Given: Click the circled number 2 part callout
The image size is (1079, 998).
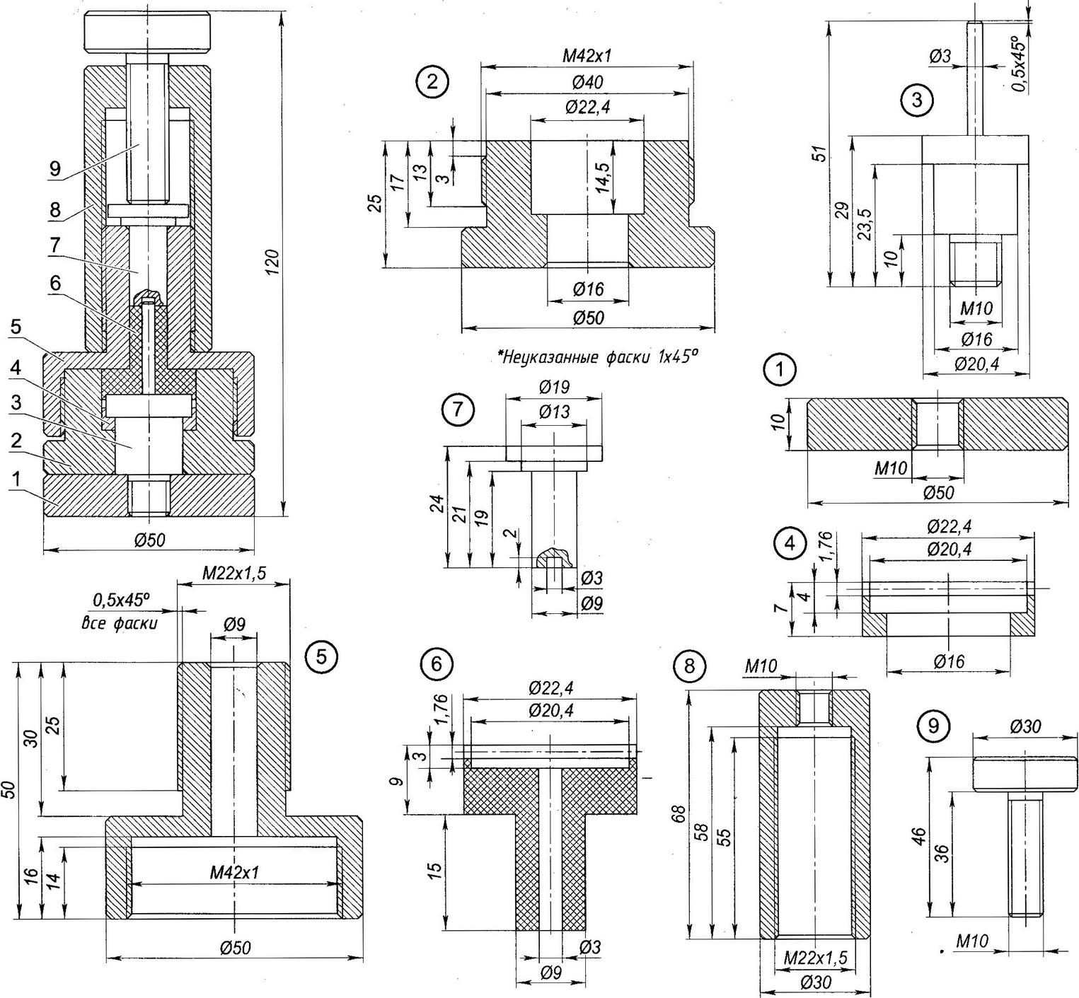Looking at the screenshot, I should pos(432,82).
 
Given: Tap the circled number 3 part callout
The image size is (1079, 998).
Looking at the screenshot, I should pos(917,100).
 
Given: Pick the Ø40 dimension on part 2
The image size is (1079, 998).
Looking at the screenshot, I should pos(584,83).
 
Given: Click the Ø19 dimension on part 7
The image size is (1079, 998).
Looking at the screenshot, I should pos(554,387).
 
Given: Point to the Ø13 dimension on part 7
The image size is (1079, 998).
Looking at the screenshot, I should pos(554,412).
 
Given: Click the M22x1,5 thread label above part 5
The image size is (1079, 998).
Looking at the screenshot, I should pos(234,573).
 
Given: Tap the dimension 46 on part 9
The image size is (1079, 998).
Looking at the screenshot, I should pos(918,837).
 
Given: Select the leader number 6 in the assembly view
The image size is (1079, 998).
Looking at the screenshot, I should pos(55,283).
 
